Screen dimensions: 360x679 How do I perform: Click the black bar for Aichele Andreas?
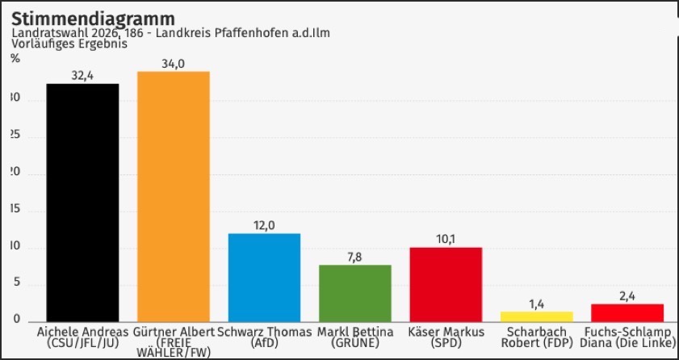tap(82, 202)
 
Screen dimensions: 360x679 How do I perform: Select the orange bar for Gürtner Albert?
tap(174, 196)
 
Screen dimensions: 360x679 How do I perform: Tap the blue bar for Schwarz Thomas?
tap(264, 277)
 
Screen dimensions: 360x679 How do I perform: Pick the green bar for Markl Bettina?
tap(355, 292)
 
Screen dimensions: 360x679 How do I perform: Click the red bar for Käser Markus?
tap(446, 284)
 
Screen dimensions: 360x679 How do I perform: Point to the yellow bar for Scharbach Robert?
tap(537, 316)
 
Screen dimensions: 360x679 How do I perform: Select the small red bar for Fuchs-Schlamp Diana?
tap(627, 312)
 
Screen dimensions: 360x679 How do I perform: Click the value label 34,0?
tap(174, 64)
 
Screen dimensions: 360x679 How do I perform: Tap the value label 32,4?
tap(82, 76)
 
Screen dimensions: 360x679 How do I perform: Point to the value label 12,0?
tap(264, 225)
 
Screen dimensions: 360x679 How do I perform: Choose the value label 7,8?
tap(355, 257)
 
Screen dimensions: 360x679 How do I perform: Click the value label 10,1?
tap(446, 239)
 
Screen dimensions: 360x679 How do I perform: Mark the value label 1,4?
tap(537, 303)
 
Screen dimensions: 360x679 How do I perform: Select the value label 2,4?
tap(627, 296)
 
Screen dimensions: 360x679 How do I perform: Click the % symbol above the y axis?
tap(15, 58)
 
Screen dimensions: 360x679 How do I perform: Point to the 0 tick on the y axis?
tap(16, 320)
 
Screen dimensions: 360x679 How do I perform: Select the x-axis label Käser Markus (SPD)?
tap(446, 337)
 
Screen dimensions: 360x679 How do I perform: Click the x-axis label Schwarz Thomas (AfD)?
tap(264, 337)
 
